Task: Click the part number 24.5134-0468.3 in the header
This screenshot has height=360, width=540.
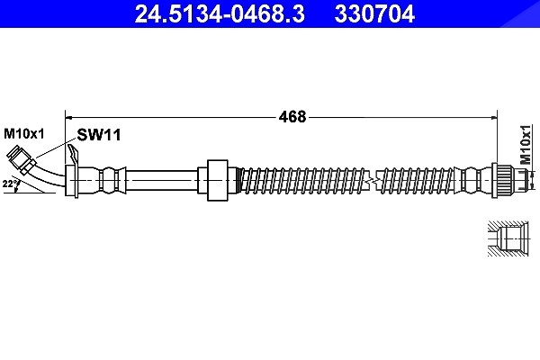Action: click(x=220, y=13)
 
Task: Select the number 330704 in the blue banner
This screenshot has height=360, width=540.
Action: click(x=374, y=13)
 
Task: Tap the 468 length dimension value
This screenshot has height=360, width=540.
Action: click(x=292, y=117)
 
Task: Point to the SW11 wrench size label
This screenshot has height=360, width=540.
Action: click(x=99, y=135)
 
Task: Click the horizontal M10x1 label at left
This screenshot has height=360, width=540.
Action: click(x=24, y=134)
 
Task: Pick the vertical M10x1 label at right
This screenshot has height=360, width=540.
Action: click(x=526, y=144)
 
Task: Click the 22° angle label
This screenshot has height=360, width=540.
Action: click(x=11, y=184)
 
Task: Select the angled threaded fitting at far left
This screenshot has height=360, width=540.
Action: click(x=22, y=160)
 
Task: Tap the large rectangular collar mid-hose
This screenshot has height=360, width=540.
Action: click(x=217, y=180)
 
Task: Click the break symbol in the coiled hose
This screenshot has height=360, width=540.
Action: click(x=371, y=180)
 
